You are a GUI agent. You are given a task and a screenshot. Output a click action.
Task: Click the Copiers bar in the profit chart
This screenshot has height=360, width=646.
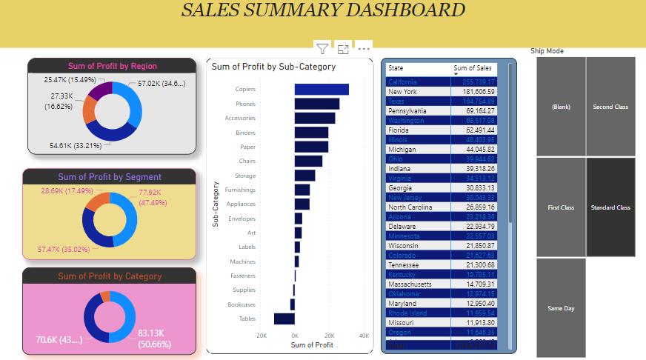point(322,90)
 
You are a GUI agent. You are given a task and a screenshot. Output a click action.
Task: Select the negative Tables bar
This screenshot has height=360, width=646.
point(284,319)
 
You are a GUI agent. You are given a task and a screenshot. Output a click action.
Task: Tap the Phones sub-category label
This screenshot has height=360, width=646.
point(245,104)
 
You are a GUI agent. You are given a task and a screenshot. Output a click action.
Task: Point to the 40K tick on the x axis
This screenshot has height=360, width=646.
point(364,335)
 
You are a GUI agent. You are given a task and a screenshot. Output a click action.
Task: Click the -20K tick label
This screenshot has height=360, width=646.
point(261,335)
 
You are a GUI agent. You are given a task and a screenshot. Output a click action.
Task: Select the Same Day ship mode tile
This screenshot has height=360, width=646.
point(562,308)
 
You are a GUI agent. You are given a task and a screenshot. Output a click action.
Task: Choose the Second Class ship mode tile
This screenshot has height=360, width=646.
point(610,107)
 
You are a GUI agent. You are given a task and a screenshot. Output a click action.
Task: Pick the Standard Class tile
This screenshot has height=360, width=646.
point(610,207)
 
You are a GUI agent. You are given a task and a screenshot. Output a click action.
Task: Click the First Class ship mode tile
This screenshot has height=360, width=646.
point(562,207)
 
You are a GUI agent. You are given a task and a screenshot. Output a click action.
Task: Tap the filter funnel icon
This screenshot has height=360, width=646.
point(322,49)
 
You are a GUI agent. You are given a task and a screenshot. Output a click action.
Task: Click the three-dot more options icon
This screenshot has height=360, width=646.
point(364,49)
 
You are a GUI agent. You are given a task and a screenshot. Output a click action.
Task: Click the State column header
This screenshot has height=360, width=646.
point(396,68)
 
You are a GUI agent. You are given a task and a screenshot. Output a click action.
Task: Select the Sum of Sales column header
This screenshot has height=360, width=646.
point(472,68)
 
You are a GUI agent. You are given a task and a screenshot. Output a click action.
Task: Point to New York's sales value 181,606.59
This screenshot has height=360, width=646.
point(478,91)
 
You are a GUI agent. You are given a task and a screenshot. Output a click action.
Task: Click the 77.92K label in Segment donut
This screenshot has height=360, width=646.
point(150,192)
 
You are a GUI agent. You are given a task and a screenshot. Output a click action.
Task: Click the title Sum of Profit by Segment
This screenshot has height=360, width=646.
point(110,177)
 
